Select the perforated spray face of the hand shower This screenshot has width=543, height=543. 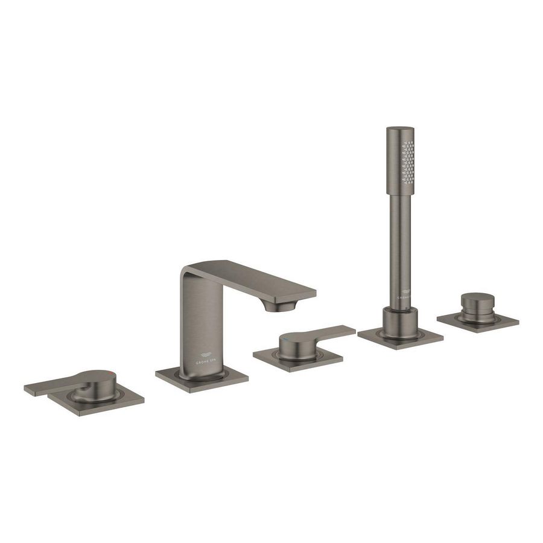tap(410, 159)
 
